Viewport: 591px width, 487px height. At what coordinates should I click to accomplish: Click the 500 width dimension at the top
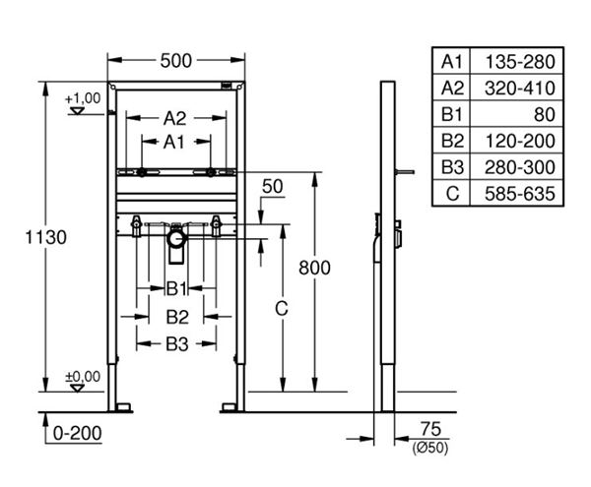point(176,61)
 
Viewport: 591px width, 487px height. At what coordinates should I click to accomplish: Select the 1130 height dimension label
point(46,237)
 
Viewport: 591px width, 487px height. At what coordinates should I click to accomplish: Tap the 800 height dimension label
point(314,268)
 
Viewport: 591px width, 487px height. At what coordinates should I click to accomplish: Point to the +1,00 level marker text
point(83,98)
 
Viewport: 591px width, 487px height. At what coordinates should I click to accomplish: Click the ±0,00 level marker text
point(83,377)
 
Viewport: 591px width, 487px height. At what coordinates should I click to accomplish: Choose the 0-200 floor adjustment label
point(77,433)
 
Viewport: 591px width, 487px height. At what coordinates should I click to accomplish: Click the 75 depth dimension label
point(430,429)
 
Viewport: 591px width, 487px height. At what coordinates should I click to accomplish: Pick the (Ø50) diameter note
point(430,448)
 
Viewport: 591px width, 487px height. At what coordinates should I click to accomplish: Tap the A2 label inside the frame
point(174,118)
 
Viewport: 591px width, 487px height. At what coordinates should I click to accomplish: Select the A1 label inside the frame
point(173,143)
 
